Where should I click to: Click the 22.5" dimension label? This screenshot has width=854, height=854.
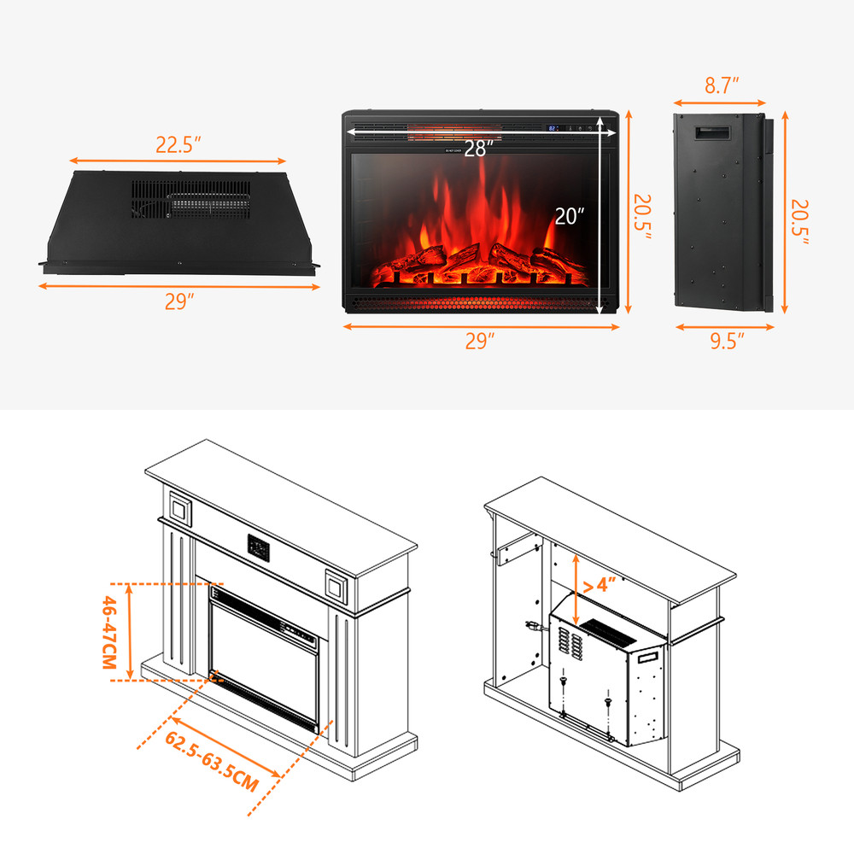coord(178,144)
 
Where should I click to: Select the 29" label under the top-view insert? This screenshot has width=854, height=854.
coord(179,302)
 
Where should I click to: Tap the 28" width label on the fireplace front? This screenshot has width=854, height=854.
coord(479,148)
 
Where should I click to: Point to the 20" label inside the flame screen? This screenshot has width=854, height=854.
coord(569,216)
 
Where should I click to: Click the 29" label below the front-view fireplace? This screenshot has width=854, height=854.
coord(480,342)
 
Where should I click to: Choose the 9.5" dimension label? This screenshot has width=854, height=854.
coord(726,342)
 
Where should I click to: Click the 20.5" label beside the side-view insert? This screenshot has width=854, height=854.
coord(800,223)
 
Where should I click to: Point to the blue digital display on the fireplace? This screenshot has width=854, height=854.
coord(553,128)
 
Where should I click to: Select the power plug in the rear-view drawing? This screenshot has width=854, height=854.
coord(534,629)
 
